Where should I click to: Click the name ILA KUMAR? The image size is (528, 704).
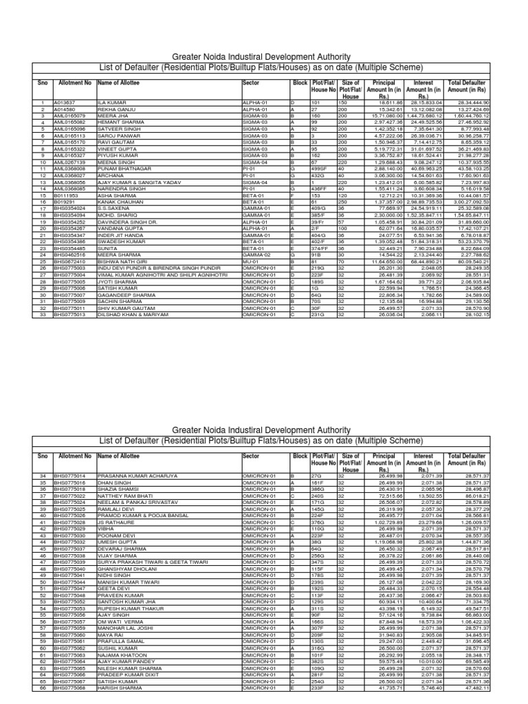(112, 102)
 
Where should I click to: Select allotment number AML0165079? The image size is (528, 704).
(69, 115)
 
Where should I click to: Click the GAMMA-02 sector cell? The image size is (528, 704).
(255, 256)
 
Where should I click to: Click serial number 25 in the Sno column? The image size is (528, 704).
(42, 263)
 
